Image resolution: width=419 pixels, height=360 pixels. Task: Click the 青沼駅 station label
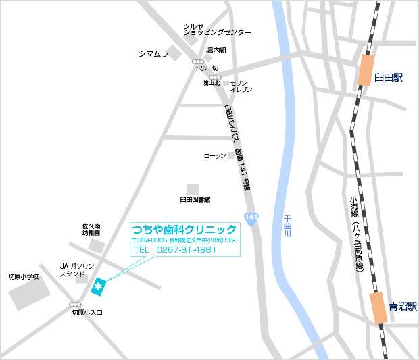tap(403, 306)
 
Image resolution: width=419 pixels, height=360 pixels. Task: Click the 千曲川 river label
tap(287, 226)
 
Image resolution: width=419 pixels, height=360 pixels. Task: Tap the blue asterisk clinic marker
tap(99, 287)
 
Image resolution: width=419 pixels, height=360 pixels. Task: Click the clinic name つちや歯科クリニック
tap(184, 229)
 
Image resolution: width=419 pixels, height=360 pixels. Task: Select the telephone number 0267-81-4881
tap(175, 250)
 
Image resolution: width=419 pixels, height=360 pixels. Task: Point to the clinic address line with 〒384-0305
tap(184, 240)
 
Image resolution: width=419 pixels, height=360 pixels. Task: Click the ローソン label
tap(214, 156)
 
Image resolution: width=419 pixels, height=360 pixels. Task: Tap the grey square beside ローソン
tap(231, 155)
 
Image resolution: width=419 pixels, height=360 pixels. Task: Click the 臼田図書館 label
tap(195, 200)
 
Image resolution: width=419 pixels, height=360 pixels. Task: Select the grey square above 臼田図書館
tap(194, 188)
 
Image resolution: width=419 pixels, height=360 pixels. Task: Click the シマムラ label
tap(153, 53)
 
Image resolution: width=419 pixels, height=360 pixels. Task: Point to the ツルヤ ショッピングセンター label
tap(216, 30)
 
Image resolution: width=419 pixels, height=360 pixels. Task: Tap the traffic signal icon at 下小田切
tap(197, 61)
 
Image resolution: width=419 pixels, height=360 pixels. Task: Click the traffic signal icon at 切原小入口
tap(76, 305)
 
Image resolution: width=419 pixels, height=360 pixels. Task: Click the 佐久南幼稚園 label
tap(91, 229)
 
